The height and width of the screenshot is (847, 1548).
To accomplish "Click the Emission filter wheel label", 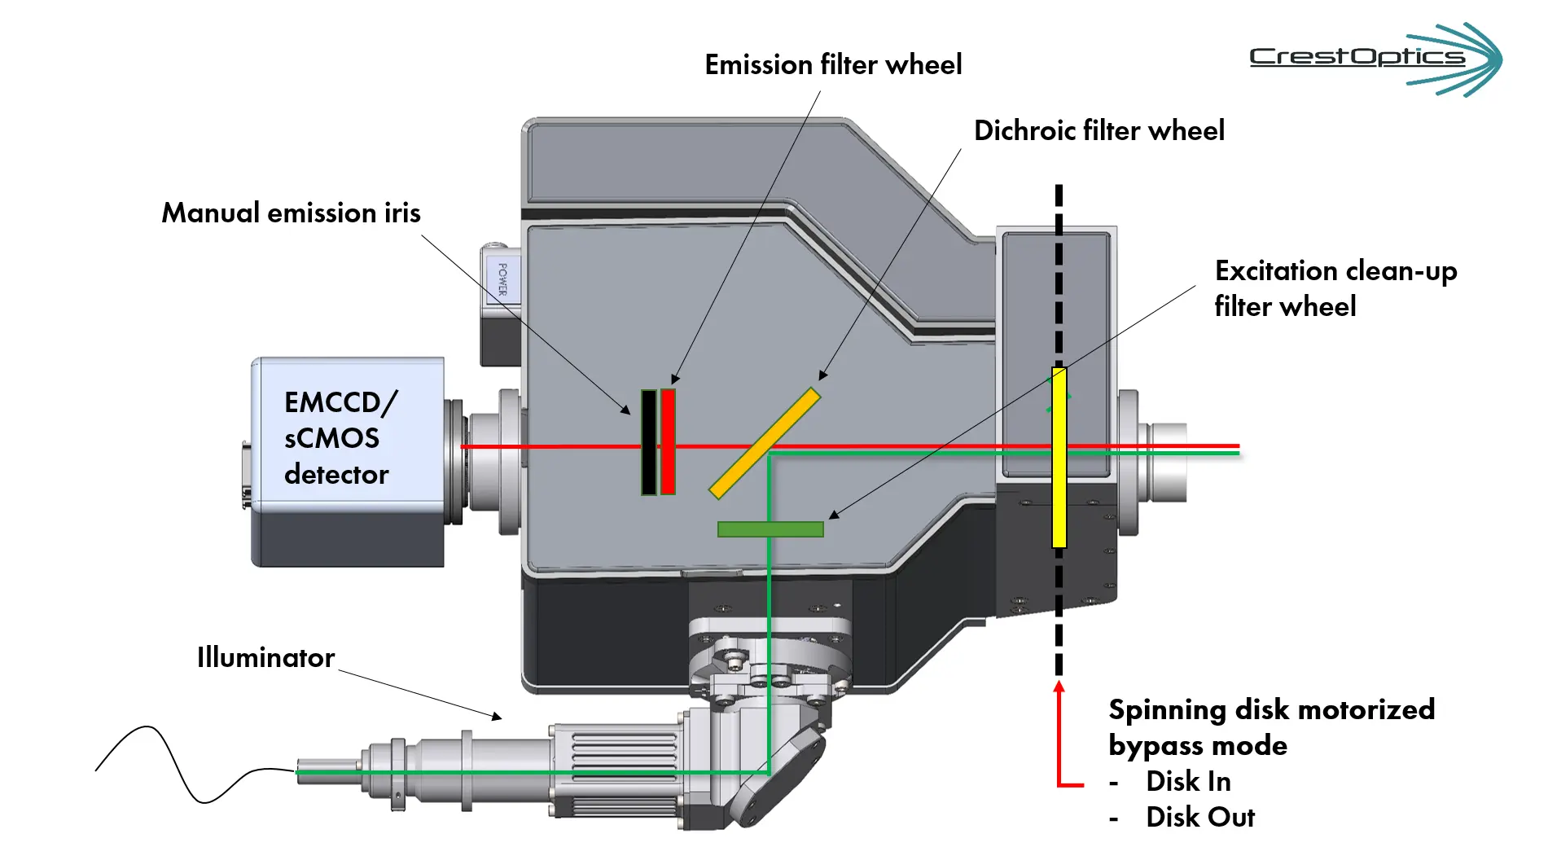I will click(x=832, y=64).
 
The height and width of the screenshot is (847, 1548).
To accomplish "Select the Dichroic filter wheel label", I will click(x=1099, y=130).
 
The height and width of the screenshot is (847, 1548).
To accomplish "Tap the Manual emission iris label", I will click(x=291, y=213).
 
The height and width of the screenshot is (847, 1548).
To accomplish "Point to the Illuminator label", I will click(x=265, y=657).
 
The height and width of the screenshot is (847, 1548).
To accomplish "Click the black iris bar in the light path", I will click(x=648, y=443).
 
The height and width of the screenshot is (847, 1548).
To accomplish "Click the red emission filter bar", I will click(x=668, y=442).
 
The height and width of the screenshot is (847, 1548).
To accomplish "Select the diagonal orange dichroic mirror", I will click(x=765, y=443).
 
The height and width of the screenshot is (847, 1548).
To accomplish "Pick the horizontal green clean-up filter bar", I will click(x=770, y=529).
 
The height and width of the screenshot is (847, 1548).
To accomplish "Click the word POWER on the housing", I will click(x=502, y=279).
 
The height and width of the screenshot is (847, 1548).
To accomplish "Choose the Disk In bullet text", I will click(x=1187, y=781).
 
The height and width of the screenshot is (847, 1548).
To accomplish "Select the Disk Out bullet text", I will click(x=1199, y=817).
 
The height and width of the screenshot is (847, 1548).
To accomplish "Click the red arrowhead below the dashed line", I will click(x=1059, y=687).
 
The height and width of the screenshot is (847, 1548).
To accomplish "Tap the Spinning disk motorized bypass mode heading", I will click(x=1270, y=727).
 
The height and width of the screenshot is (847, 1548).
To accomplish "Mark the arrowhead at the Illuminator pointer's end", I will click(x=497, y=717).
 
